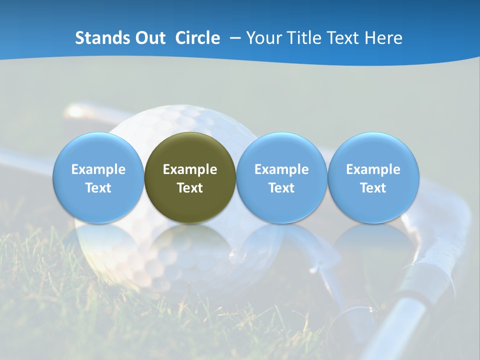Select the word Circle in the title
(x=197, y=38)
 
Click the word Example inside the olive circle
(x=190, y=169)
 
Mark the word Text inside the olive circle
(x=190, y=188)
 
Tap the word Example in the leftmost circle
(x=98, y=169)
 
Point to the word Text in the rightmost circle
(x=373, y=188)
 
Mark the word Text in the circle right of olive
(x=281, y=188)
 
